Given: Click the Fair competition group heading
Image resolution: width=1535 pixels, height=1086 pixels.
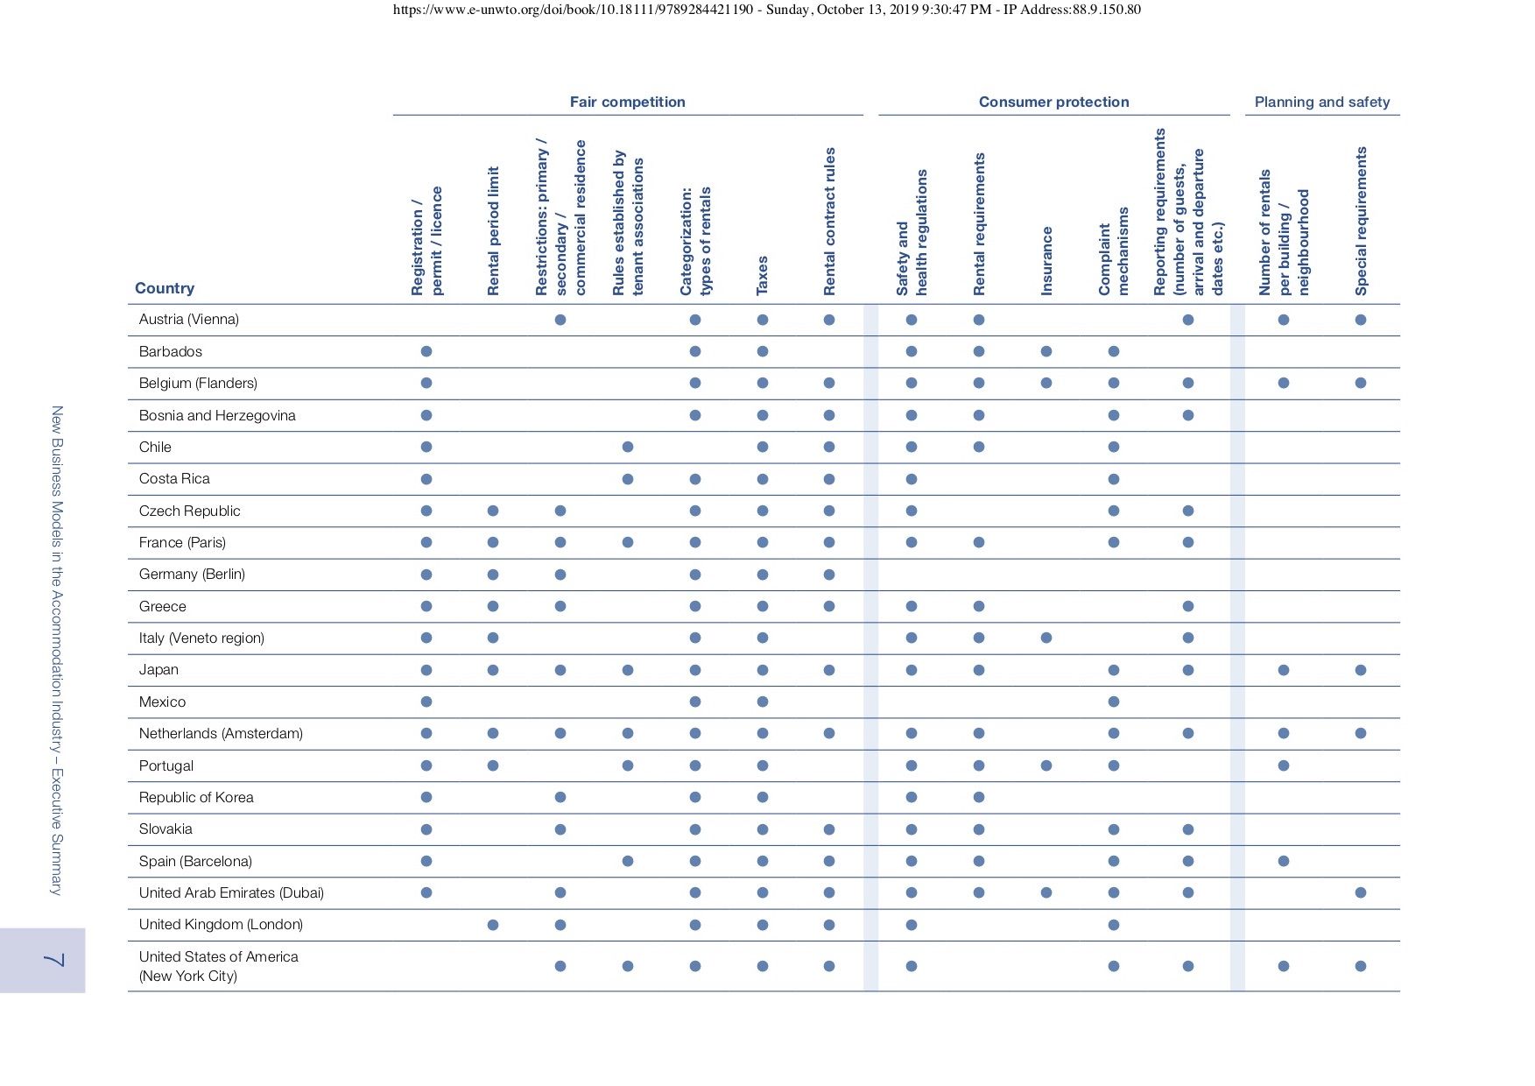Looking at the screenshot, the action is tap(627, 102).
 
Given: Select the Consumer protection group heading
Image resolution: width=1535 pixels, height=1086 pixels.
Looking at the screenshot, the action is tap(1053, 102).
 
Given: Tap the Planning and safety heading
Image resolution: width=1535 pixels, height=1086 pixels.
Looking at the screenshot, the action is tap(1321, 102).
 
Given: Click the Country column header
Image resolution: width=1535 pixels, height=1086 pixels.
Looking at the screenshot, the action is tap(165, 288).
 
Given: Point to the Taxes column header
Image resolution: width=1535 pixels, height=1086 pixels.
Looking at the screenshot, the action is tap(762, 275).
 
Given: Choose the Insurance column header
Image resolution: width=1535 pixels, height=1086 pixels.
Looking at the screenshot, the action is tap(1046, 261).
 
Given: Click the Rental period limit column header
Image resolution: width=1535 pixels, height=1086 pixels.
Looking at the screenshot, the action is tap(493, 231).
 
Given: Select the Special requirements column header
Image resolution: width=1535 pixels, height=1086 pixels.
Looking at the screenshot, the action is tap(1361, 221).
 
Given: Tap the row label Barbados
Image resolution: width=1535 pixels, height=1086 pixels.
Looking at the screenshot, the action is tap(170, 351).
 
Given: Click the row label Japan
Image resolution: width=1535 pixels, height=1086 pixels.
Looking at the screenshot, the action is tap(158, 670).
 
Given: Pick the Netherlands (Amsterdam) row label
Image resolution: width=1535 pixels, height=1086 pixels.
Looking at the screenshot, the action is tap(221, 734).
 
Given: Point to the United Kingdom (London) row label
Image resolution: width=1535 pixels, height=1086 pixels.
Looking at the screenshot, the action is tap(221, 925).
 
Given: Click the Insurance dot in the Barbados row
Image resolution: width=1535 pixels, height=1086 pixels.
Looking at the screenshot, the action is tap(1046, 351).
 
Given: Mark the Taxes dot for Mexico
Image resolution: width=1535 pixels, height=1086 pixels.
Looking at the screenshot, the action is tap(763, 702).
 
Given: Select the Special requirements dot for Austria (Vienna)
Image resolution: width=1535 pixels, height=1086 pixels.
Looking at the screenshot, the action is tap(1361, 320).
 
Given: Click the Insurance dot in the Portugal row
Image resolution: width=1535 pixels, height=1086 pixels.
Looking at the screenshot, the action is tap(1046, 765).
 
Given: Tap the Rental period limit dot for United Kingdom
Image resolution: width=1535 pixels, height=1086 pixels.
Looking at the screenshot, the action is tap(493, 925).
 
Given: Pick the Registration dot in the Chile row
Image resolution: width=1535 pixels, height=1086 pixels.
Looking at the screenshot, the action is tap(426, 447).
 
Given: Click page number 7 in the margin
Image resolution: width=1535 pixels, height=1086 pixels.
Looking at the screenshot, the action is tap(53, 960).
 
